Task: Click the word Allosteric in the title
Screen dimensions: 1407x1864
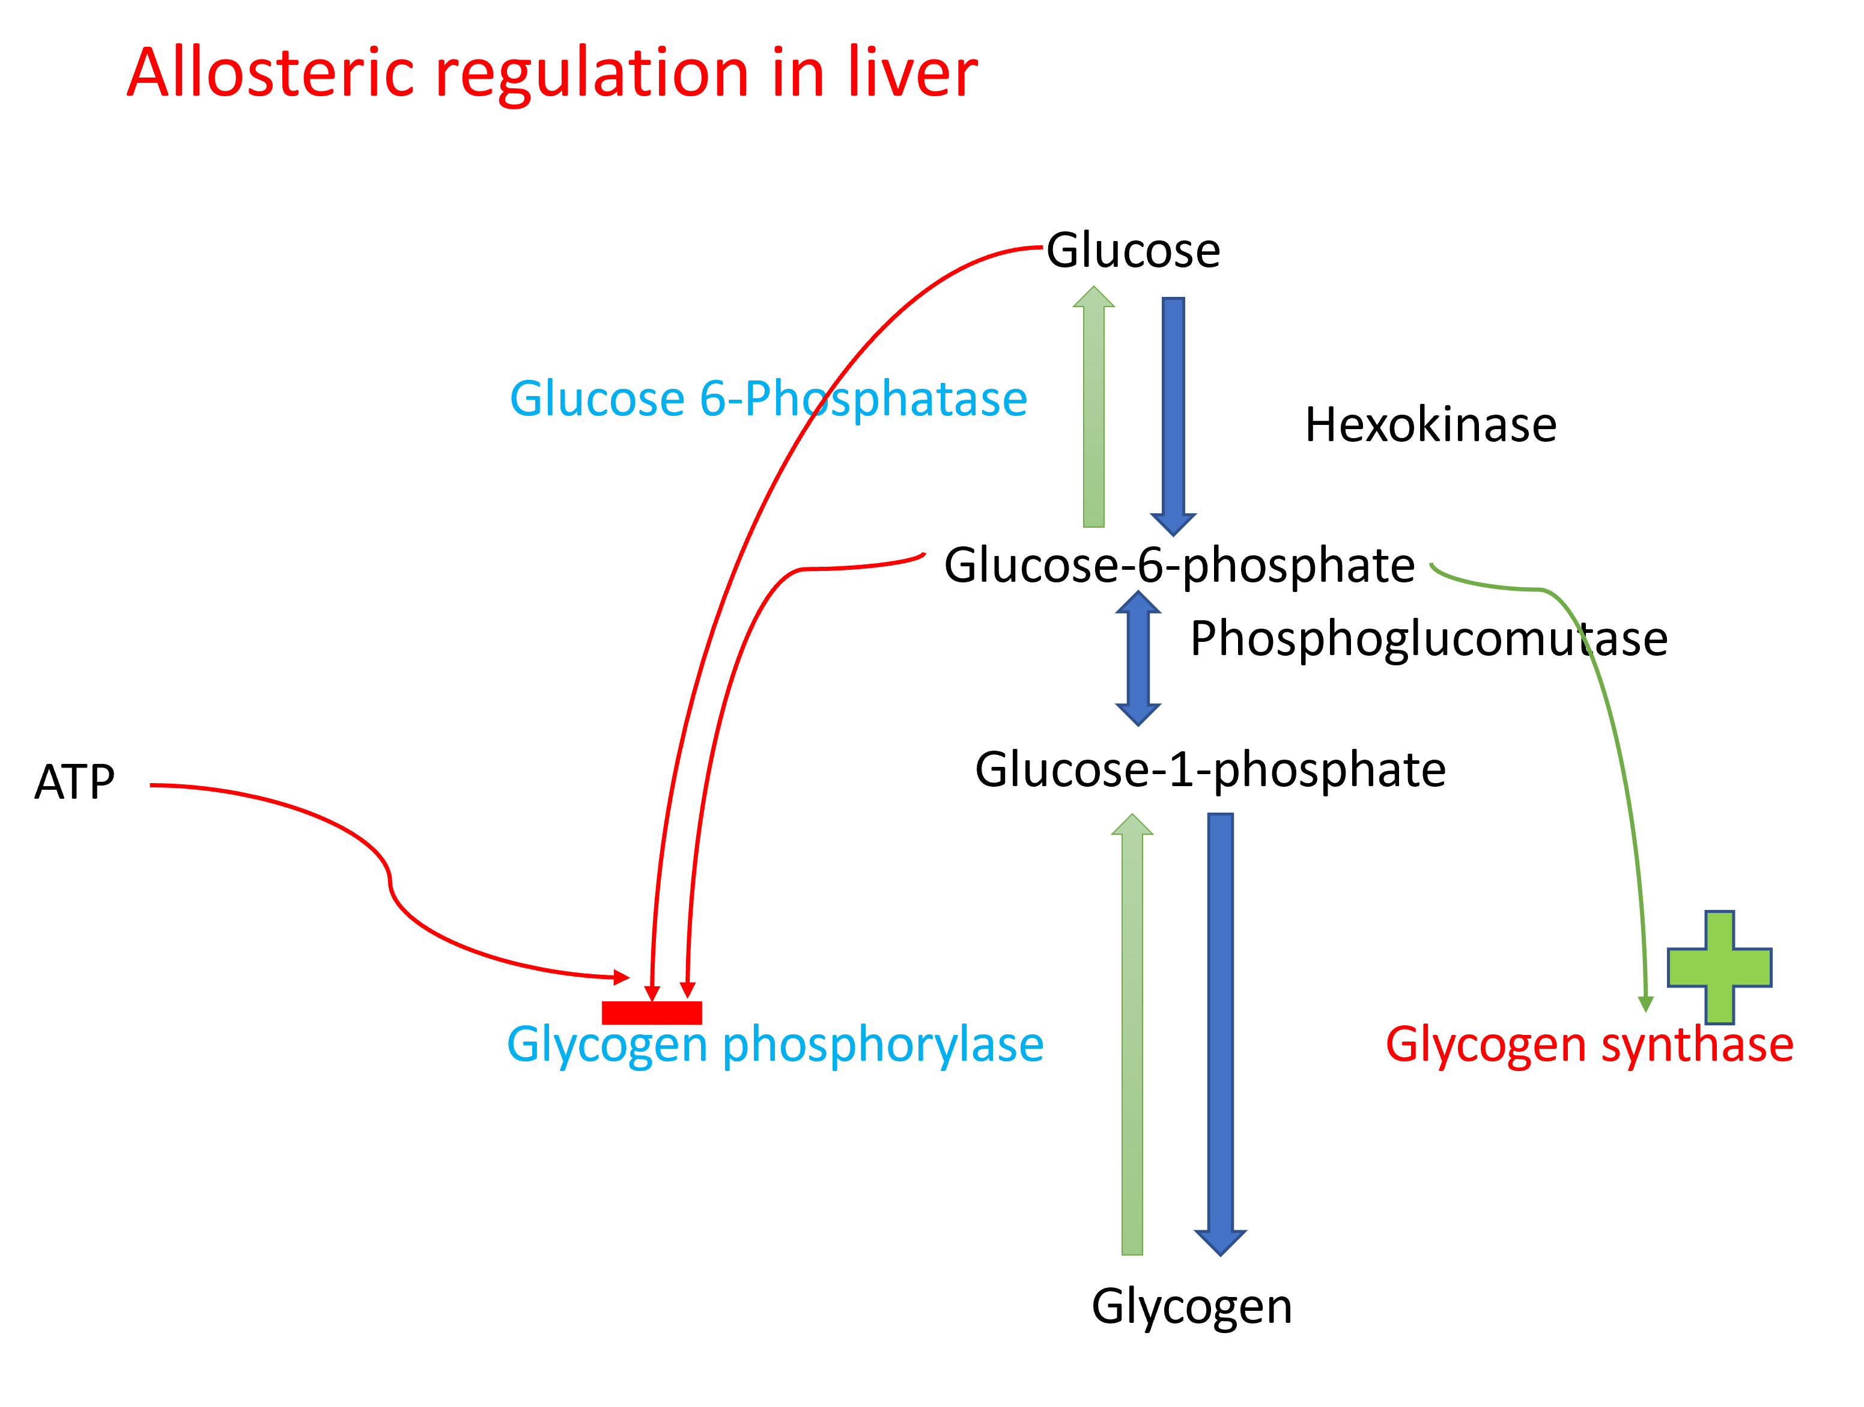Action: coord(270,73)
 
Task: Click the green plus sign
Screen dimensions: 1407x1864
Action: coord(1719,968)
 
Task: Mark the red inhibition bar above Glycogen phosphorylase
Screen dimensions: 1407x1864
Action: coord(651,1013)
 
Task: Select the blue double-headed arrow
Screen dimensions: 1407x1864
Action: coord(1138,658)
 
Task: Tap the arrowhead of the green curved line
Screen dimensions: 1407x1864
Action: coord(1645,1003)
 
